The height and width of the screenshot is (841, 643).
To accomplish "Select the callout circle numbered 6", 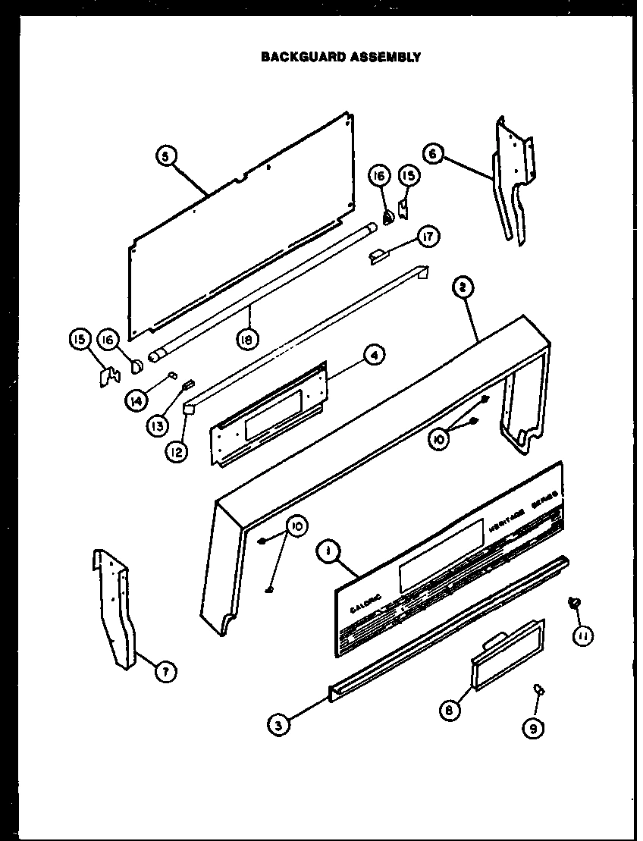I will point(433,154).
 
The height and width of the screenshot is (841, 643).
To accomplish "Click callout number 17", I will point(428,238).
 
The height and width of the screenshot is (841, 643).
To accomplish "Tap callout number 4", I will point(375,354).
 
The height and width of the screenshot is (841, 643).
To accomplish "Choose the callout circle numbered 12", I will point(176,453).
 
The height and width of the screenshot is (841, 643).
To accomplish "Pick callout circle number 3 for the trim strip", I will point(279,725).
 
